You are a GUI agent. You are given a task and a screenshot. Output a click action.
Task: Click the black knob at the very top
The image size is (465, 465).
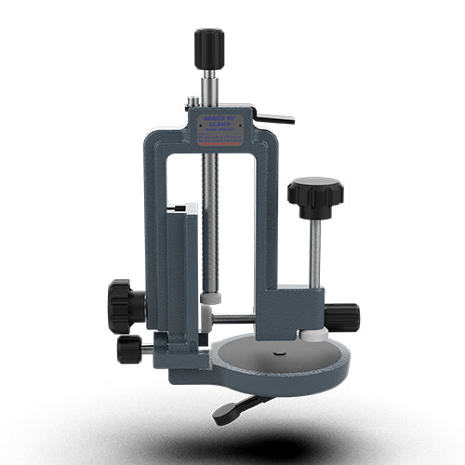(x=209, y=47)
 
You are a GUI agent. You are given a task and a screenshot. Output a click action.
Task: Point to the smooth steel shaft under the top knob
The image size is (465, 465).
(x=209, y=86)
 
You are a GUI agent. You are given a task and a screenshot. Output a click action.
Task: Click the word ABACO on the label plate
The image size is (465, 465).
(x=215, y=118)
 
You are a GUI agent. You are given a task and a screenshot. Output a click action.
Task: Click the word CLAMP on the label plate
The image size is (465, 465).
(x=223, y=125)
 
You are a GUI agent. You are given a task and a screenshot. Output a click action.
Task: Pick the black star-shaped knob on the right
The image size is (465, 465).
(x=314, y=193)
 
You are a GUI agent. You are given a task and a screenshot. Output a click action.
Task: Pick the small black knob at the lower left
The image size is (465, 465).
(x=130, y=349)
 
